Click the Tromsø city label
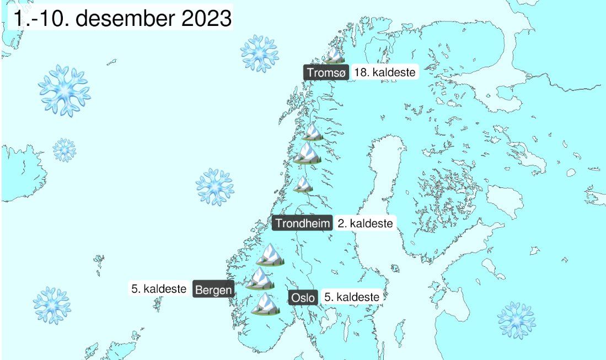point(325,72)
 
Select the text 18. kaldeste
point(384,72)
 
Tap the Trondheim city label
point(303,223)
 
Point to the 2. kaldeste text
point(365,223)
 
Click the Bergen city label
point(213,289)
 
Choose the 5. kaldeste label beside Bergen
point(159,288)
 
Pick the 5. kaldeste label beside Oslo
point(351,297)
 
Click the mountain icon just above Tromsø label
point(333,55)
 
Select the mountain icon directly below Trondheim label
point(270,254)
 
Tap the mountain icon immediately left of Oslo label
point(266,304)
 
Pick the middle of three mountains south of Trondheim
point(260,279)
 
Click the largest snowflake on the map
point(65,90)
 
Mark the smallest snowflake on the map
point(65,150)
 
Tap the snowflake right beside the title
point(259,53)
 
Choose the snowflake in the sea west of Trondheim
point(215,186)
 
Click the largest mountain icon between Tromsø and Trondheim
point(307,154)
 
